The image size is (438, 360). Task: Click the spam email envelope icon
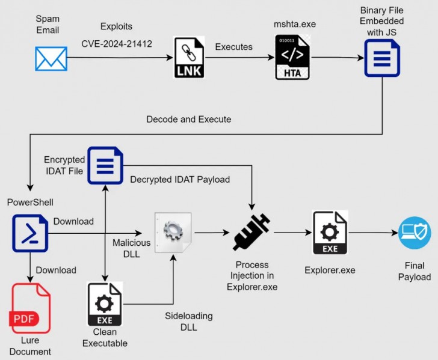click(51, 58)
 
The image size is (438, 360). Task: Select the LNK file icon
click(189, 58)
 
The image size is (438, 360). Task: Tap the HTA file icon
click(292, 58)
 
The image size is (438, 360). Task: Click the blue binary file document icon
click(382, 58)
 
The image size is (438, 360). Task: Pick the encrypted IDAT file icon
click(105, 165)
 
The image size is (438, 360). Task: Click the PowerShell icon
click(29, 233)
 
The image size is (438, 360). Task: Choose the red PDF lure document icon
click(31, 308)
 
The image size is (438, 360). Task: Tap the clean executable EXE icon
click(105, 304)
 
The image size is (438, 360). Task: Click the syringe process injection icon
click(252, 232)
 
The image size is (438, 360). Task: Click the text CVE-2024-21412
click(116, 43)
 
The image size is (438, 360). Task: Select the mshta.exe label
click(295, 24)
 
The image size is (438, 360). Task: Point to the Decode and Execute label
click(188, 119)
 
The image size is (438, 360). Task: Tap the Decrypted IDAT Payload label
click(180, 179)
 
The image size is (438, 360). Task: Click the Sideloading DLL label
click(189, 322)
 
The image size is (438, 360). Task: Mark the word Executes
click(234, 46)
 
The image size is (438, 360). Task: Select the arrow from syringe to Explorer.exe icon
click(290, 232)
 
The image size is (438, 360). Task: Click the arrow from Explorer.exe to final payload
click(372, 233)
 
